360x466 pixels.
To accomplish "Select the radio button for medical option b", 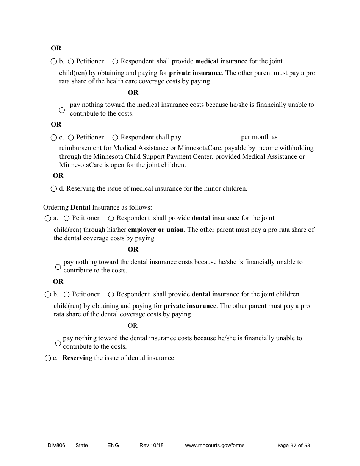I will tap(53, 61).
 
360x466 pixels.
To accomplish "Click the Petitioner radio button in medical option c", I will tap(71, 138).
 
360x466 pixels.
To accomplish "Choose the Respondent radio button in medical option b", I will tap(115, 61).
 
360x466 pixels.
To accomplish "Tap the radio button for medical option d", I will tap(53, 189).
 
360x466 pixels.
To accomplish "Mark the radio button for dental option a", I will tap(47, 218).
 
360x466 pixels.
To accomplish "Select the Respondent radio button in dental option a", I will tap(111, 218).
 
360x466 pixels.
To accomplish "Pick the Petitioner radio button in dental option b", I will tap(66, 294).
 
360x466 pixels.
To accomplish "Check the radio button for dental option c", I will tap(47, 358).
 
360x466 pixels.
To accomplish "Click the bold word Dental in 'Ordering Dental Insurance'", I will tap(80, 207).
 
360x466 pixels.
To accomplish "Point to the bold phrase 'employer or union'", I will tap(156, 230).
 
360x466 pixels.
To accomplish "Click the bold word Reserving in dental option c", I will tap(77, 358).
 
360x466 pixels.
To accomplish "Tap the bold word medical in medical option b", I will tap(207, 61).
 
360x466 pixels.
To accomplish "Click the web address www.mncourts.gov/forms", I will tap(214, 445).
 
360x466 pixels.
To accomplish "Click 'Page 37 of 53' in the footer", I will tap(293, 445).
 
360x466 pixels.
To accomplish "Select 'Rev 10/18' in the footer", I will tap(151, 445).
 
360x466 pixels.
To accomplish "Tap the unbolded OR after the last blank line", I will tap(133, 325).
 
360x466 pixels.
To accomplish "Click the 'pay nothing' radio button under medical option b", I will tap(62, 110).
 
